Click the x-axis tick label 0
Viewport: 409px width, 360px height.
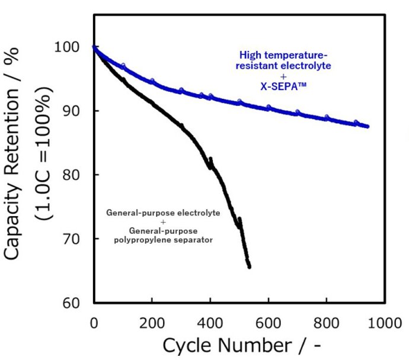point(94,323)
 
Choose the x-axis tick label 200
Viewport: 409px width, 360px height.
point(152,323)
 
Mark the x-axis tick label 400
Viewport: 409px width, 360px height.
point(210,323)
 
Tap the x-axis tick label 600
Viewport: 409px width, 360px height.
point(269,323)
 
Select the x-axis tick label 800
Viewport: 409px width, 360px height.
point(327,323)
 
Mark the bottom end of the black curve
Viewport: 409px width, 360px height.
point(249,267)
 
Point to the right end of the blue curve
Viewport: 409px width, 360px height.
point(368,127)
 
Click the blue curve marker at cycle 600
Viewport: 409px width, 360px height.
point(269,108)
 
